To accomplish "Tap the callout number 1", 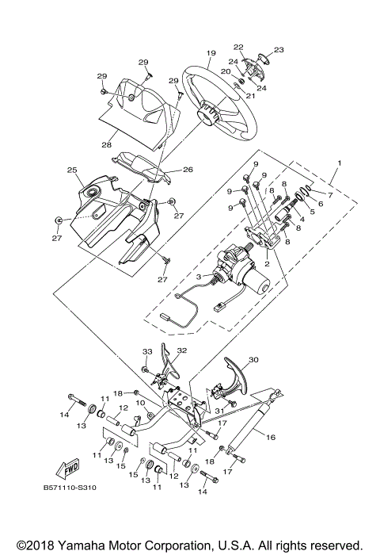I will pos(340,162).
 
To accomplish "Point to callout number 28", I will pos(106,145).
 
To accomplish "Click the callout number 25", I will pos(71,170).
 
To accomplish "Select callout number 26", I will pos(188,169).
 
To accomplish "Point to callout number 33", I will pos(146,351).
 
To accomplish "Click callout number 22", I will pos(238,47).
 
